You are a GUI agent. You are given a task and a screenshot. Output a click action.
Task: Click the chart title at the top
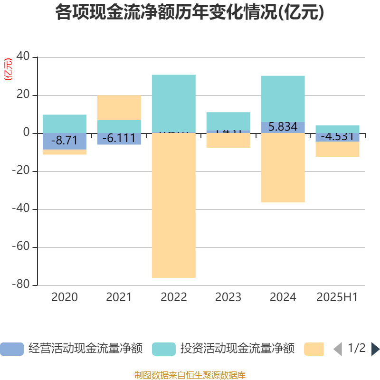tap(190, 13)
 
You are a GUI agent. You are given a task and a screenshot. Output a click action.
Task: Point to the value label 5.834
tap(283, 127)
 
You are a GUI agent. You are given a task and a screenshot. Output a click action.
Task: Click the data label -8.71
tap(65, 140)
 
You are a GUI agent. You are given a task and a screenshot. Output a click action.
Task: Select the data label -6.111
tap(119, 138)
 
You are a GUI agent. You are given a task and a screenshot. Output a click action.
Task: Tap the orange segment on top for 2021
tap(119, 107)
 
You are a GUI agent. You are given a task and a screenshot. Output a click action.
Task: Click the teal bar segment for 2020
tap(65, 123)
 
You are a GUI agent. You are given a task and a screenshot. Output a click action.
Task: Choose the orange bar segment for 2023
tap(228, 141)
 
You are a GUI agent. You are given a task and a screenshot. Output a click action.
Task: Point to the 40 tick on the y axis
tap(23, 57)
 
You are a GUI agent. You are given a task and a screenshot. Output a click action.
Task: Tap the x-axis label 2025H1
tap(337, 297)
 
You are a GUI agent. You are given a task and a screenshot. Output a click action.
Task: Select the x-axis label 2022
tap(173, 297)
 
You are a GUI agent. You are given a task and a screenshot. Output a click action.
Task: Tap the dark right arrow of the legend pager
tap(375, 349)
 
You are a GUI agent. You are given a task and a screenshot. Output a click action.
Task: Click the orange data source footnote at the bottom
tap(190, 375)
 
